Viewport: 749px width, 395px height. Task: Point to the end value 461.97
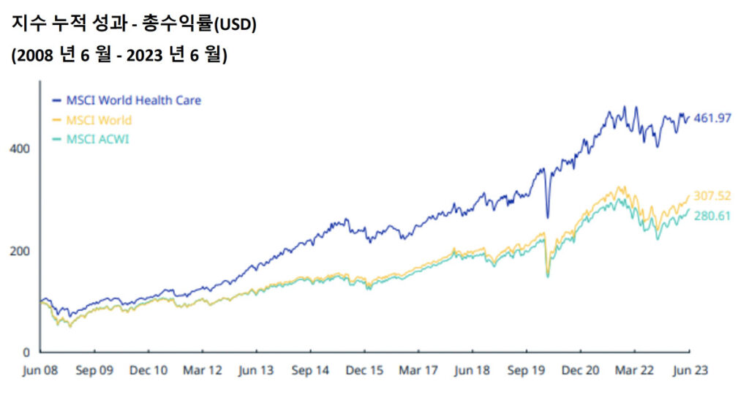712,118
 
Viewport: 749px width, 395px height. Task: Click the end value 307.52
712,196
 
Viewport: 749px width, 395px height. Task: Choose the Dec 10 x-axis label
148,370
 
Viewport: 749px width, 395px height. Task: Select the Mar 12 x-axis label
202,370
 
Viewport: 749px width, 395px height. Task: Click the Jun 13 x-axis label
257,370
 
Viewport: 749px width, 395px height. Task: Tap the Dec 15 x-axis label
364,370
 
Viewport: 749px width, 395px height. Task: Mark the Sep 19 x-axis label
526,370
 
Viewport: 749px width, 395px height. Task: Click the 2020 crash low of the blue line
548,217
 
